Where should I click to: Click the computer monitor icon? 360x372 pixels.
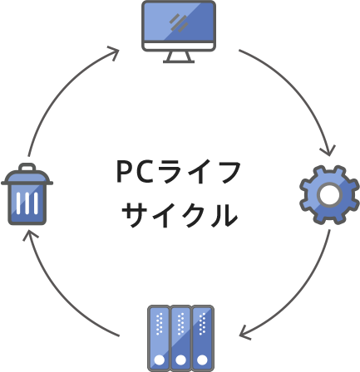pyautogui.click(x=179, y=32)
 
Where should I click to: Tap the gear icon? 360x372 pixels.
pyautogui.click(x=329, y=195)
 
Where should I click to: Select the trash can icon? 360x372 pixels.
pyautogui.click(x=27, y=194)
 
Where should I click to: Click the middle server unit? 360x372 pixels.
pyautogui.click(x=180, y=338)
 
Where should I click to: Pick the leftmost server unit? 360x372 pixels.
pyautogui.click(x=159, y=338)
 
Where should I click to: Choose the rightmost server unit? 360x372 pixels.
pyautogui.click(x=203, y=338)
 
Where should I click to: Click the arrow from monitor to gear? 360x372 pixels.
pyautogui.click(x=300, y=90)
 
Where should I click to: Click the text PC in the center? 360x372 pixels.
pyautogui.click(x=135, y=172)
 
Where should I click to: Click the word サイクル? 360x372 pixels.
pyautogui.click(x=180, y=215)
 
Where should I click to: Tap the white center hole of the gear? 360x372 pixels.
pyautogui.click(x=329, y=194)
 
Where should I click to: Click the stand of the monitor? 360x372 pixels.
pyautogui.click(x=179, y=57)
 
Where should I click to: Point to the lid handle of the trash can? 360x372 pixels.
pyautogui.click(x=27, y=168)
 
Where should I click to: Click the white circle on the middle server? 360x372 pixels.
pyautogui.click(x=180, y=360)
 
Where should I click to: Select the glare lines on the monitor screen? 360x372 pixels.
pyautogui.click(x=179, y=23)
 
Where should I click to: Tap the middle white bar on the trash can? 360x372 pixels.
pyautogui.click(x=27, y=203)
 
